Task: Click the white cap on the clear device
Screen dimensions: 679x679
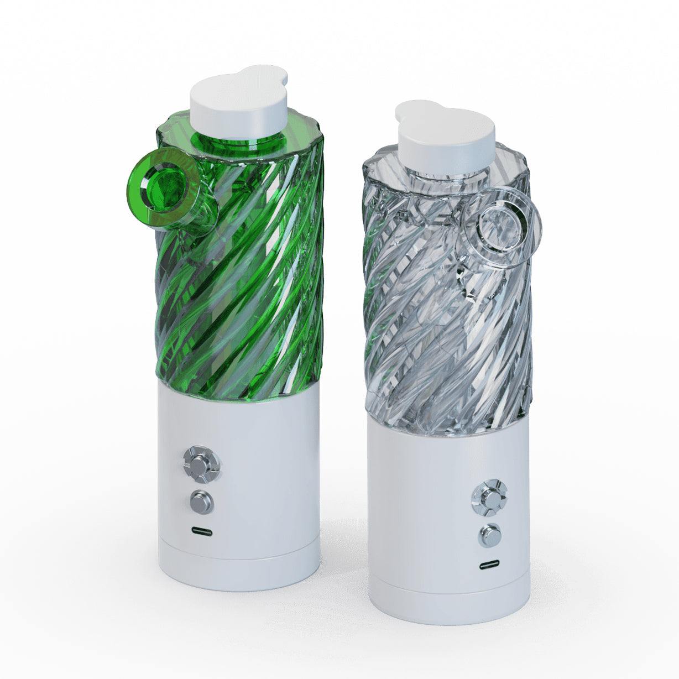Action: [x=445, y=138]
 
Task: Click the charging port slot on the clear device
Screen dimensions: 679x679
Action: [x=489, y=565]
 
